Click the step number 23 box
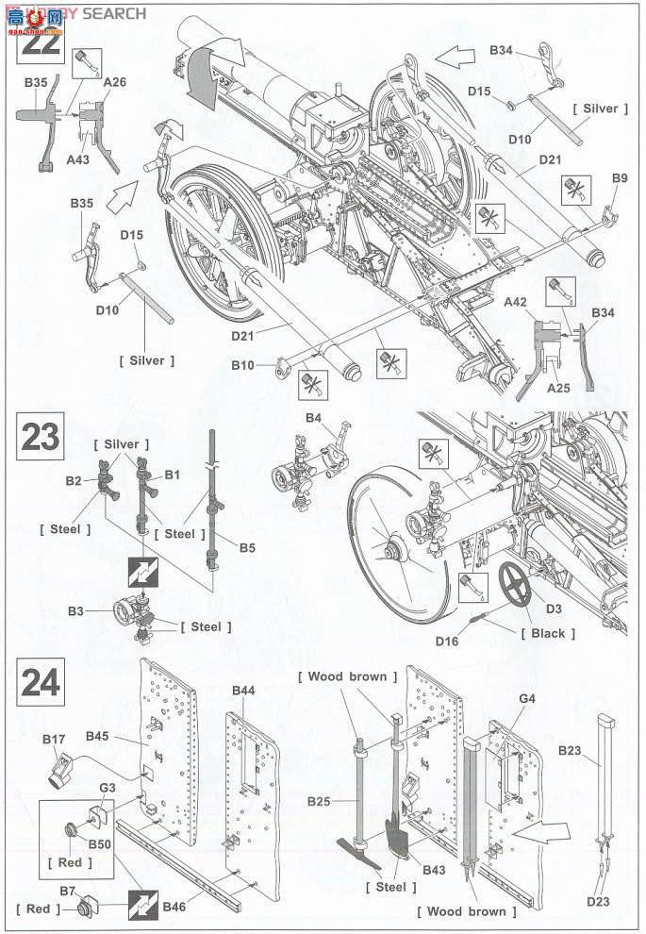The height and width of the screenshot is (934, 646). coord(40,437)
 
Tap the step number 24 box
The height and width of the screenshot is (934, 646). coord(40,682)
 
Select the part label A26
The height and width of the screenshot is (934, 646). coord(115,82)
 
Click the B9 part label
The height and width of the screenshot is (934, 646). coord(620,177)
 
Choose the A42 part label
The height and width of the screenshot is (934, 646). coord(515,302)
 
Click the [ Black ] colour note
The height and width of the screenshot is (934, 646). coord(549,633)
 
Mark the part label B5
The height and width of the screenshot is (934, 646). coord(247,546)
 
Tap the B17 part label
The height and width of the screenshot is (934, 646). coord(54,739)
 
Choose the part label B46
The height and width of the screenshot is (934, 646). coord(174,908)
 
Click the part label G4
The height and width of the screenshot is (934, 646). coord(527,699)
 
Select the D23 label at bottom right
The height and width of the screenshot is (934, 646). coord(599,900)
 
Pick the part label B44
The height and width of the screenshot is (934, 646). coord(243,692)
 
